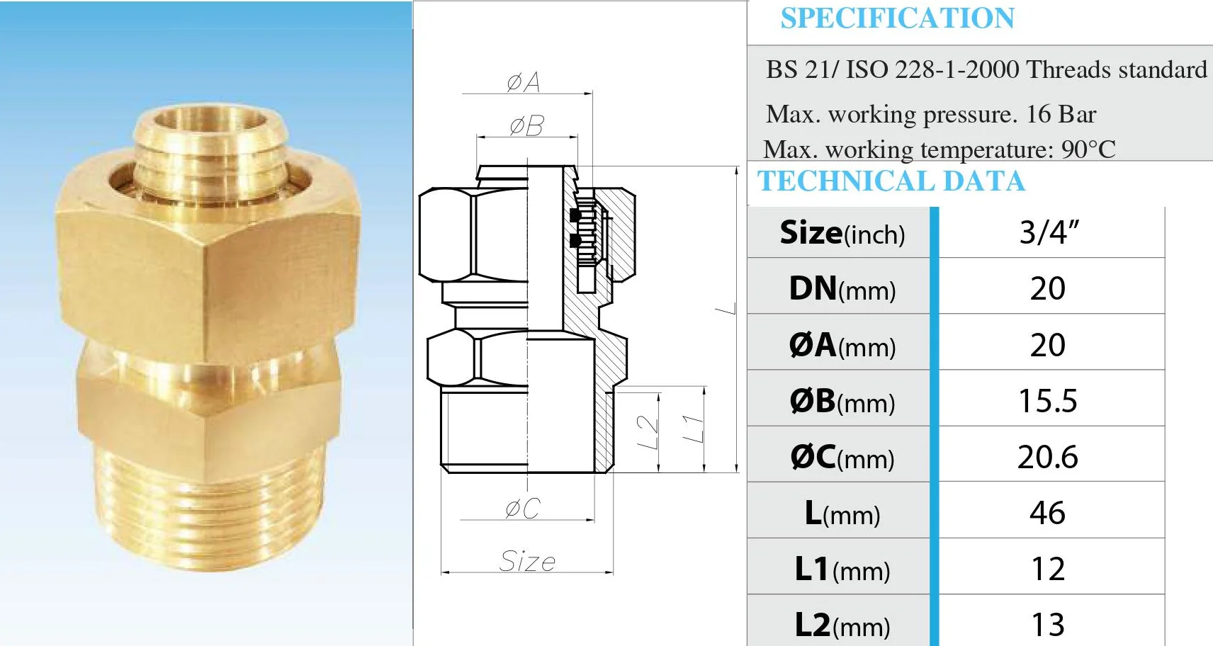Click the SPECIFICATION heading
(897, 18)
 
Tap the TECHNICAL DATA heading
(891, 181)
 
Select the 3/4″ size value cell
(1049, 232)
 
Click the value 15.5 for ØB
(1048, 401)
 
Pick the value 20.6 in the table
(1048, 457)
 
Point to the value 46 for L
(1048, 513)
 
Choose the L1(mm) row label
(842, 569)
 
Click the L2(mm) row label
(842, 625)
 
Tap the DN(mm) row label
(842, 289)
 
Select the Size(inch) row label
(842, 233)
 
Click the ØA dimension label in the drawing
(524, 82)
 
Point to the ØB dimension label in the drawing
(526, 126)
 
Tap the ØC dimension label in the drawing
(523, 508)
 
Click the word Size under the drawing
(527, 561)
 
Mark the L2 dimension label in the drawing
(648, 432)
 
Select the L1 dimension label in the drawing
(693, 429)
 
